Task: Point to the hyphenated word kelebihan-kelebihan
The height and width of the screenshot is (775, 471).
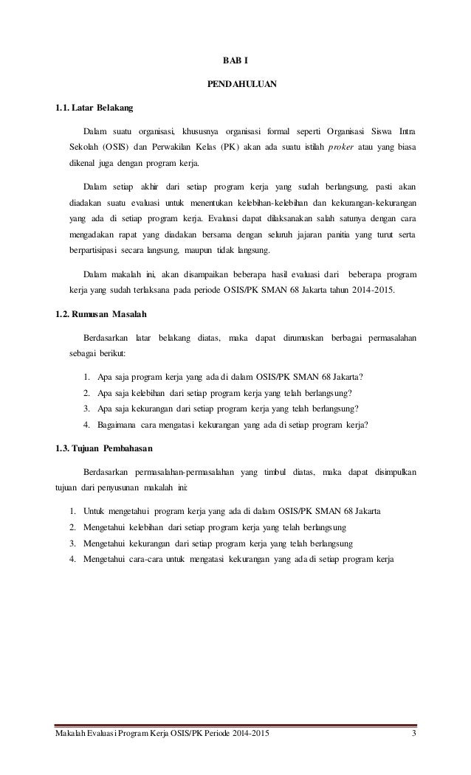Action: [x=264, y=202]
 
